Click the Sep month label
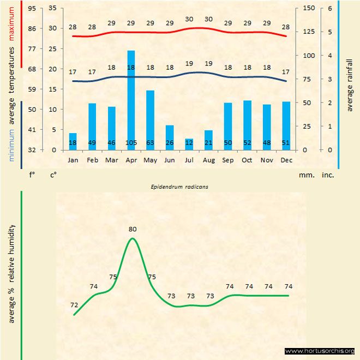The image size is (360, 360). point(227,160)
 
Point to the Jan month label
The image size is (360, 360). point(73,160)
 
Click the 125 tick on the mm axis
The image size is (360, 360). point(308,32)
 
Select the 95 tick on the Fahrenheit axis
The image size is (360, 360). point(32,8)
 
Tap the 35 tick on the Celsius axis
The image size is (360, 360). point(52,8)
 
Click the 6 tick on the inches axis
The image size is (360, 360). point(330,8)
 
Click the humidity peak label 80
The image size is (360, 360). point(133,229)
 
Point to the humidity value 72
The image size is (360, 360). point(74,305)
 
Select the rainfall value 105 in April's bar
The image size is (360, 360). point(131,143)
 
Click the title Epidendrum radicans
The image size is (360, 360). point(180,186)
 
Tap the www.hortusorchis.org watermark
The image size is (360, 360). point(320,351)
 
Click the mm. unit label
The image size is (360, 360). point(306,176)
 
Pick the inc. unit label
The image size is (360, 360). point(328,176)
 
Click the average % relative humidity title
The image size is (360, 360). point(11,273)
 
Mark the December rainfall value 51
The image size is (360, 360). point(286,143)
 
